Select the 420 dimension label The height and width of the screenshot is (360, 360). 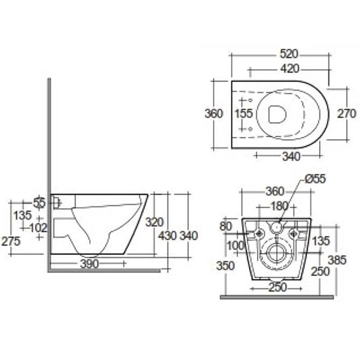289,68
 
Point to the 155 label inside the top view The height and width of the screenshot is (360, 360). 244,113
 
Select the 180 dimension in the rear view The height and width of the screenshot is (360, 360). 279,206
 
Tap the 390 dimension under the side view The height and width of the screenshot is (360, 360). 90,264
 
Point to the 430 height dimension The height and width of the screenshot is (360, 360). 167,235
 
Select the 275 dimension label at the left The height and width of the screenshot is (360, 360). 11,241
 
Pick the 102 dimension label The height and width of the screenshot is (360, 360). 38,228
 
